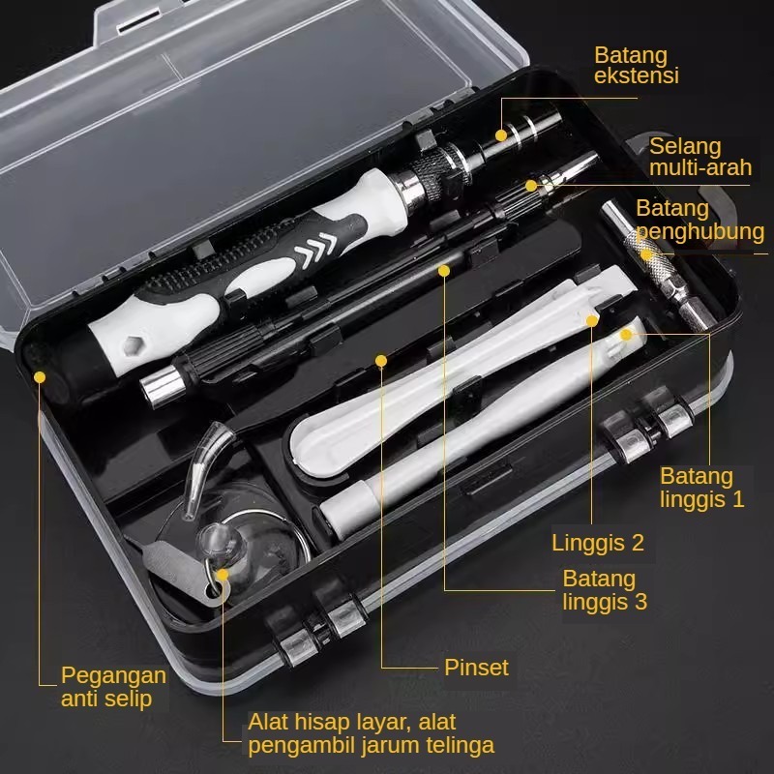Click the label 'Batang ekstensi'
coord(637,65)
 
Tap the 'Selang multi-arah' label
coord(700,157)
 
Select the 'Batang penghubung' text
coord(700,220)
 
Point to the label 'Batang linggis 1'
coord(702,488)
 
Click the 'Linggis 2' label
coord(598,543)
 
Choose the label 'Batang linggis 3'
coord(605,590)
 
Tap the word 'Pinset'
coord(476,668)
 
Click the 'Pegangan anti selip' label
coord(113,687)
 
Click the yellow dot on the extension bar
coord(501,135)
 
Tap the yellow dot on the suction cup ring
coord(223,575)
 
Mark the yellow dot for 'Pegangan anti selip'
coord(40,377)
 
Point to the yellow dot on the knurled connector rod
coord(646,255)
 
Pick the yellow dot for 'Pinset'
coord(380,361)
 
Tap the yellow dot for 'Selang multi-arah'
coord(531,186)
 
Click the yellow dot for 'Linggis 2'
coord(592,321)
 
